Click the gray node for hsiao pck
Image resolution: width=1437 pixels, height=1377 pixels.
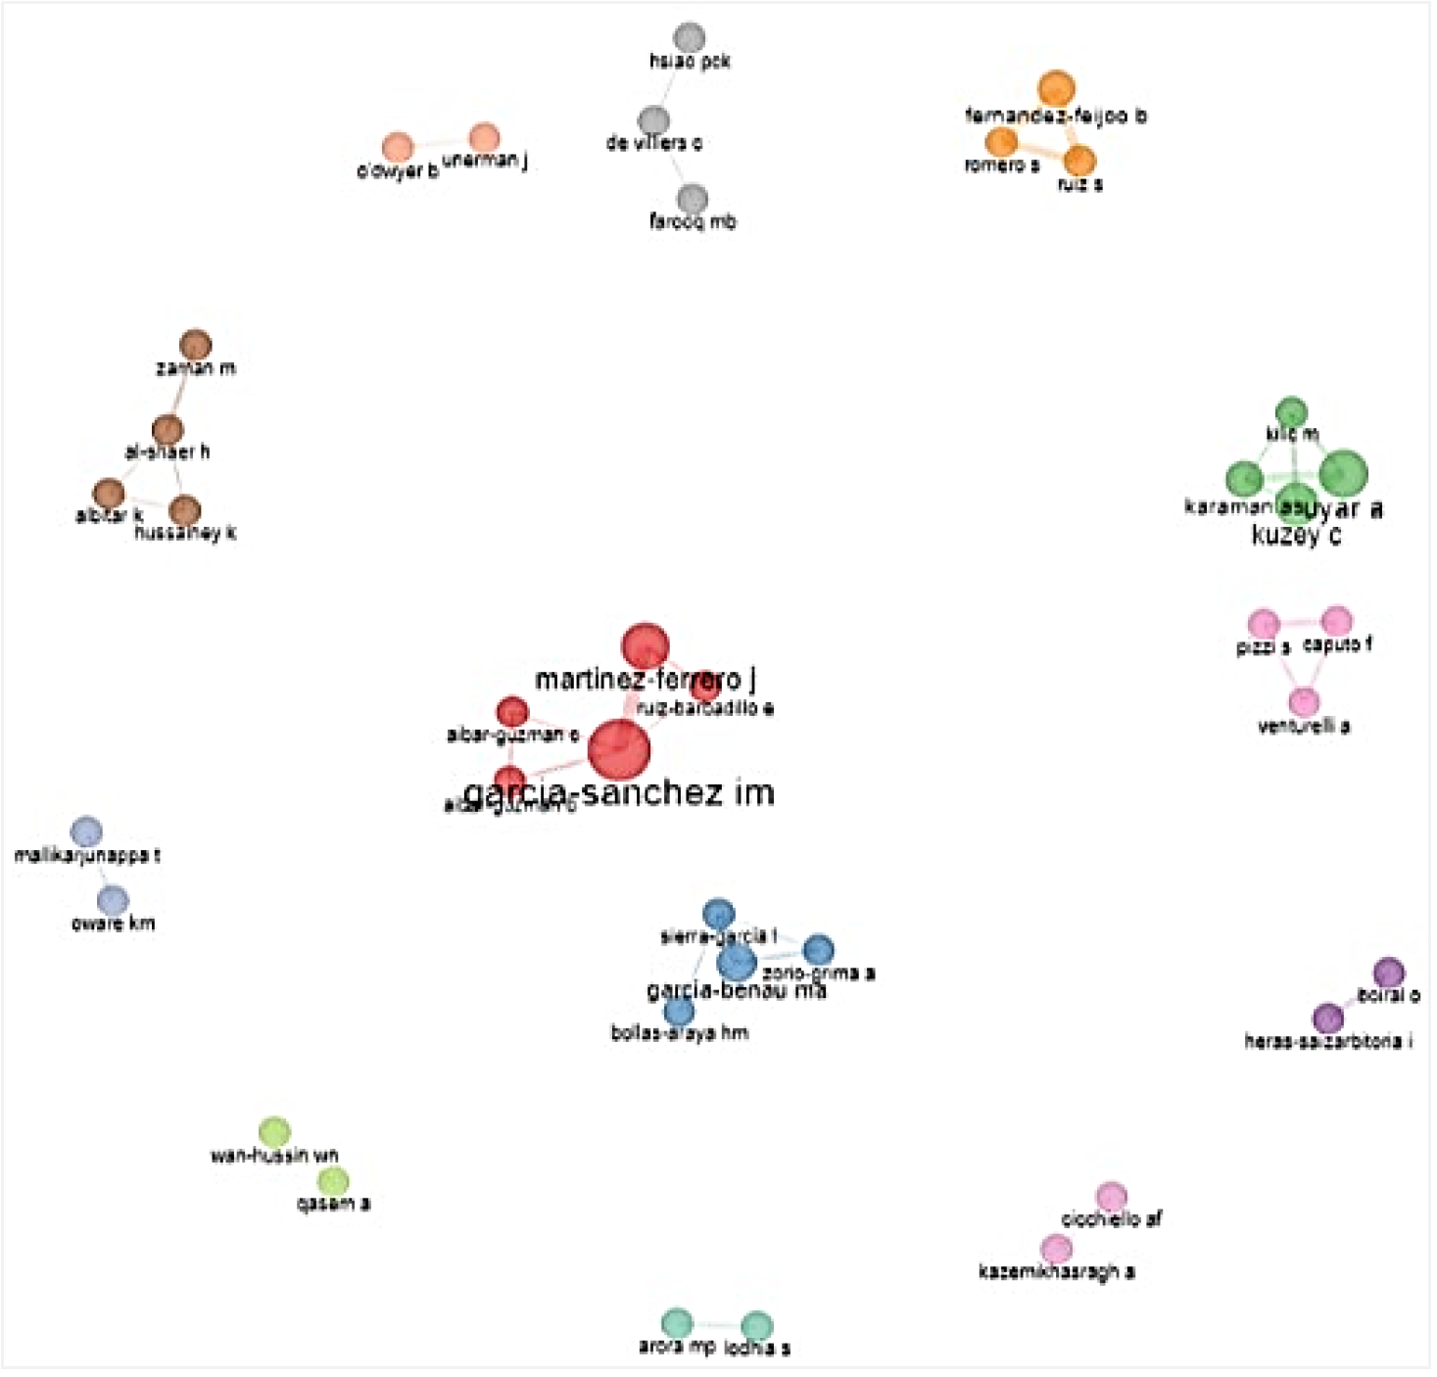pyautogui.click(x=690, y=38)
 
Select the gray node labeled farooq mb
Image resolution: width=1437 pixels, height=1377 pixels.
pyautogui.click(x=692, y=199)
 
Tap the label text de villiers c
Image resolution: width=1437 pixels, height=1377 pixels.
pyautogui.click(x=653, y=143)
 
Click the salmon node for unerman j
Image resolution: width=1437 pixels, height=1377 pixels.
pyautogui.click(x=484, y=138)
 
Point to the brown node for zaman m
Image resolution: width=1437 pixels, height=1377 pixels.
pyautogui.click(x=196, y=345)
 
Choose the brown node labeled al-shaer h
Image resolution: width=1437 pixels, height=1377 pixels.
pyautogui.click(x=168, y=429)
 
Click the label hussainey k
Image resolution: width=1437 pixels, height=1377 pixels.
pyautogui.click(x=185, y=534)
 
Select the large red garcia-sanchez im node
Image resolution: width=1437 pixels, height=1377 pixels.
pyautogui.click(x=619, y=750)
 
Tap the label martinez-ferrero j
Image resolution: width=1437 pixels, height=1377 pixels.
pyautogui.click(x=645, y=679)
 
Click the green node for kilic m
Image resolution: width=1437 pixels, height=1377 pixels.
pyautogui.click(x=1291, y=412)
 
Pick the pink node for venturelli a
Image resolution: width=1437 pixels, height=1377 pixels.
pyautogui.click(x=1303, y=701)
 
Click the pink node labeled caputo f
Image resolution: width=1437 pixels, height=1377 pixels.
pyautogui.click(x=1337, y=621)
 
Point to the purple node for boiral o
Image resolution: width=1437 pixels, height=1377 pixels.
pyautogui.click(x=1388, y=973)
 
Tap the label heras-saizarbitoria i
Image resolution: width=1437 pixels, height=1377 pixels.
pyautogui.click(x=1327, y=1041)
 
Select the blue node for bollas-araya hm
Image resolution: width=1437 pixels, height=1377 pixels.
pyautogui.click(x=679, y=1011)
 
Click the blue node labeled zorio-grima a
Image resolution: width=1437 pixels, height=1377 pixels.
pyautogui.click(x=818, y=949)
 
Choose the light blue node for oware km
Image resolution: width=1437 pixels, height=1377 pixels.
pyautogui.click(x=113, y=900)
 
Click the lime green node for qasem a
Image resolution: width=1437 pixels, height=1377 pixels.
pyautogui.click(x=333, y=1180)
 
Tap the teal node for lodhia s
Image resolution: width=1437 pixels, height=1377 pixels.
pyautogui.click(x=756, y=1326)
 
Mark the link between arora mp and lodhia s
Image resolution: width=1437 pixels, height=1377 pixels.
pyautogui.click(x=717, y=1324)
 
